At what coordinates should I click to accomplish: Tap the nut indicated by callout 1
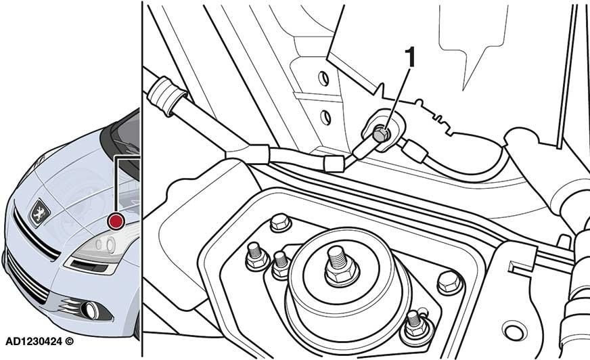381,135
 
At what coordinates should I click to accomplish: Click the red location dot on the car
116,221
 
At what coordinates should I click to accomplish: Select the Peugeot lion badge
39,213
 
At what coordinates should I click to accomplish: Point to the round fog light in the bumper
91,311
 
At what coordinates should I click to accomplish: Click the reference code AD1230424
33,342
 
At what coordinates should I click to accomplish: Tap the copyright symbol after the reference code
69,342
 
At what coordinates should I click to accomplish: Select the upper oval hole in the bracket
323,78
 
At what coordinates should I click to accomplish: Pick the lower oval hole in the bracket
326,117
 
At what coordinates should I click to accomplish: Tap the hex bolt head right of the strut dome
449,282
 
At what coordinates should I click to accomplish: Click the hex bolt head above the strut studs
280,223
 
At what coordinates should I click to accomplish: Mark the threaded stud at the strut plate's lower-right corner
415,324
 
